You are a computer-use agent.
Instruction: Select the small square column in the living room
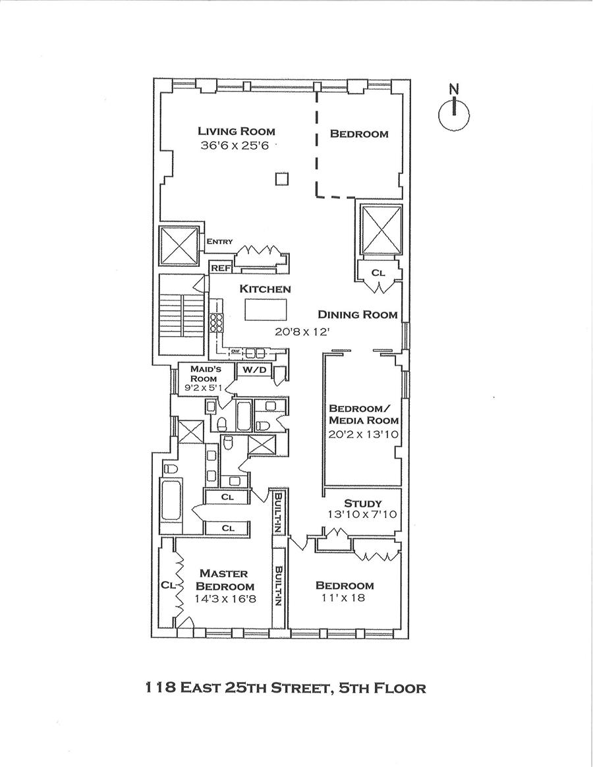tap(282, 179)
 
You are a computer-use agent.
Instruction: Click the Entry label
tap(219, 242)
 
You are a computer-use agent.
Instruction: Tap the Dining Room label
tap(358, 314)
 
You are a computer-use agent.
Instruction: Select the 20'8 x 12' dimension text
tap(302, 332)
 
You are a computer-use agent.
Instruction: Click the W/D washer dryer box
tap(254, 370)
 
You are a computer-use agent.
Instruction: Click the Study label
tap(362, 503)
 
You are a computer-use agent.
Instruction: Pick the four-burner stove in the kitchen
tap(217, 323)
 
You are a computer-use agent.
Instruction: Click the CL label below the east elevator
tap(378, 272)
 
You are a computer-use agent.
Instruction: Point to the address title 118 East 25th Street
tap(285, 689)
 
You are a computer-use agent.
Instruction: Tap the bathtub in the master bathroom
tap(171, 507)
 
